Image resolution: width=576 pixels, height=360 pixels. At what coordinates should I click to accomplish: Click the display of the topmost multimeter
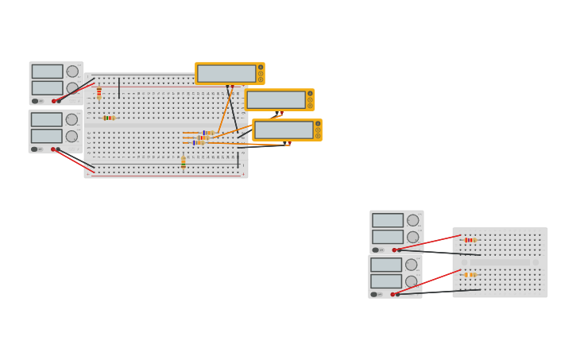226,73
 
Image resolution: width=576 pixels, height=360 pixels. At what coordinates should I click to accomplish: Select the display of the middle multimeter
276,99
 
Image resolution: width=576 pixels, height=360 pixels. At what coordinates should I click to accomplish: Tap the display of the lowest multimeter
284,130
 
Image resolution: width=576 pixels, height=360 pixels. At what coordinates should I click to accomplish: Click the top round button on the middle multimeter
310,94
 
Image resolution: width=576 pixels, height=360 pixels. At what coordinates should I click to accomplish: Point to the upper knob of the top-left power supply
72,72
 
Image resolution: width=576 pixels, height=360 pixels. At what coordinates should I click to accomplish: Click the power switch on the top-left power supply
35,101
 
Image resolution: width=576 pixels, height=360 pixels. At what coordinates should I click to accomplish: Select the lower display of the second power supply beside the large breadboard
46,136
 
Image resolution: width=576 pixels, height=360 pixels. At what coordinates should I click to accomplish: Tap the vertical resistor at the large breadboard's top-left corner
99,92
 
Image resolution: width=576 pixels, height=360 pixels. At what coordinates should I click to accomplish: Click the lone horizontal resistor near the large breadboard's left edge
109,118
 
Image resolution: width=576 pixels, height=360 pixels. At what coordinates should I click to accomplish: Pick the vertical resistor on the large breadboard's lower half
183,162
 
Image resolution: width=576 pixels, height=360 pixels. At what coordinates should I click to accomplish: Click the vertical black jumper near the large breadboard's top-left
119,87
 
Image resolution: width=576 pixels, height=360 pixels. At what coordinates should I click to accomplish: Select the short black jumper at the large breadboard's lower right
238,160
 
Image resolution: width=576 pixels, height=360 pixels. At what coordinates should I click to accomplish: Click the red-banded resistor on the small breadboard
470,240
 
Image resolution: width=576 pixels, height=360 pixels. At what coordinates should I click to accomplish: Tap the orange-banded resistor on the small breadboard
470,275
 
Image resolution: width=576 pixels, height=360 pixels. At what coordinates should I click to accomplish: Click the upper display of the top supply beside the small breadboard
388,220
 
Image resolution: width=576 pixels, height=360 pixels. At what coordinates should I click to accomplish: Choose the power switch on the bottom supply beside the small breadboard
373,294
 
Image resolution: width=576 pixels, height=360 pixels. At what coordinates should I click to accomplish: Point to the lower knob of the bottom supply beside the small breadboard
411,281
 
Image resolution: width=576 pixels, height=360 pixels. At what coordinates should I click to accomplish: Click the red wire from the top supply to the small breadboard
429,242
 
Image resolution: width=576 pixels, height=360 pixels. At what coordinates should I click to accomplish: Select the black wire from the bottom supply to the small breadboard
437,292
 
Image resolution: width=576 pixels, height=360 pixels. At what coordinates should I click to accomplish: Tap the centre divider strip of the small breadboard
500,262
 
